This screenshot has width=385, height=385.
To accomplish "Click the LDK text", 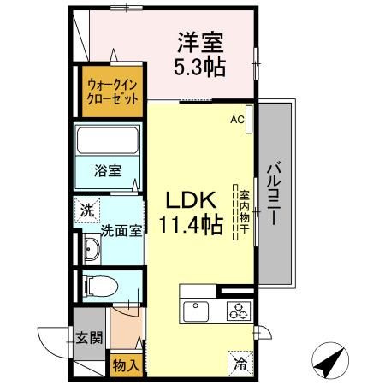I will [x=189, y=199].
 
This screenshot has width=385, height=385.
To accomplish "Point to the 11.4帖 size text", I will [x=190, y=225].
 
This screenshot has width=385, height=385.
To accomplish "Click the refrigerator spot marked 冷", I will [x=239, y=362].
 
